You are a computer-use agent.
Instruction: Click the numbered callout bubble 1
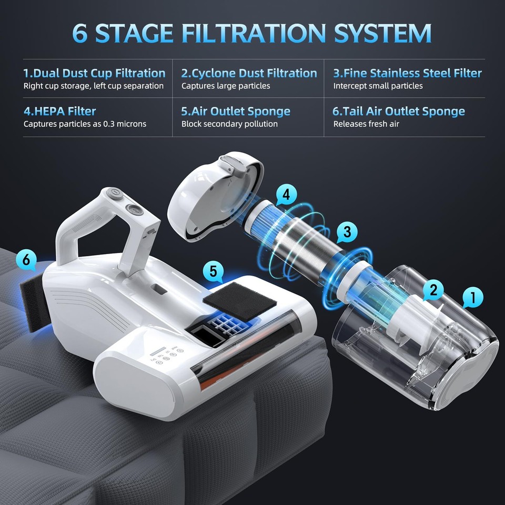point(472,298)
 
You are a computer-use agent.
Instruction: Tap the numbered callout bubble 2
point(433,289)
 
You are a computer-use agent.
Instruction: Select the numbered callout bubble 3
point(347,231)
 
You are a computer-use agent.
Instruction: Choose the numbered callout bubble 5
point(213,271)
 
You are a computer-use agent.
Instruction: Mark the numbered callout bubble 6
point(26,259)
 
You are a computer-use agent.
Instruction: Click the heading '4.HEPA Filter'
point(59,111)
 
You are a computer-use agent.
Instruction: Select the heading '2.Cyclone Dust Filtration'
point(249,73)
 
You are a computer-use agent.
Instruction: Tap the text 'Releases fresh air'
point(366,124)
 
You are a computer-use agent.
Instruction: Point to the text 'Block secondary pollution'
point(229,124)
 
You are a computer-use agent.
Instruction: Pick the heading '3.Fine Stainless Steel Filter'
point(407,73)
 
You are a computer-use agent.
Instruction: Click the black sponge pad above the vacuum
point(239,304)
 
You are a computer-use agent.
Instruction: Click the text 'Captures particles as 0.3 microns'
point(85,124)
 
